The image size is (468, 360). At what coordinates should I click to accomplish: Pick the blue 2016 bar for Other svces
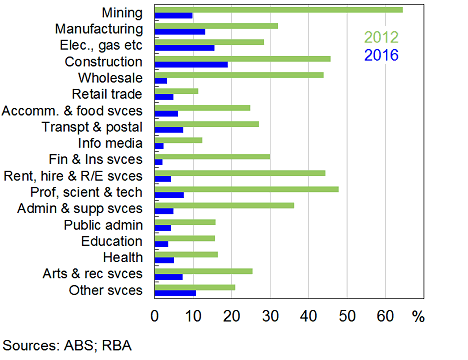tap(176, 292)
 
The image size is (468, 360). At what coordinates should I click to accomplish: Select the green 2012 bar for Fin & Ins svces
tap(213, 156)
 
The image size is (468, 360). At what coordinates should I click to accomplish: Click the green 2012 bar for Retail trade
tap(177, 91)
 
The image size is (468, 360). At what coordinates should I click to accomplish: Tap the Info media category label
tap(112, 142)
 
